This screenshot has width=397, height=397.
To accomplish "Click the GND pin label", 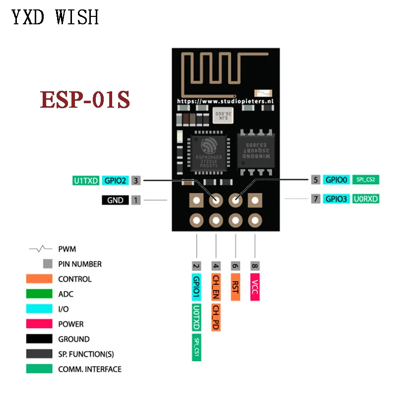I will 115,200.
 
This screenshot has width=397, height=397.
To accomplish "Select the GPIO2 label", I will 115,181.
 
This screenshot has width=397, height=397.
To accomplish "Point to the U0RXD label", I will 366,199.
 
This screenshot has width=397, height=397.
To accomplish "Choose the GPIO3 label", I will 337,199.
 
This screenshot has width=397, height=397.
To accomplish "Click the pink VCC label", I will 255,287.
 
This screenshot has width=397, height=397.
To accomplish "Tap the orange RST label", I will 235,287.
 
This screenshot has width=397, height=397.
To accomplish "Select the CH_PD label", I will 216,318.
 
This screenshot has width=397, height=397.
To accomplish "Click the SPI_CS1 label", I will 197,347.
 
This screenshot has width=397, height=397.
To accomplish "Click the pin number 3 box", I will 136,181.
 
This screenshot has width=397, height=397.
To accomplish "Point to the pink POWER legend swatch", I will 39,324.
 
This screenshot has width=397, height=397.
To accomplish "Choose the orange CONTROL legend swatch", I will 39,279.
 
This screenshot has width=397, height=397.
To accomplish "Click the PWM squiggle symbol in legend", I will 41,248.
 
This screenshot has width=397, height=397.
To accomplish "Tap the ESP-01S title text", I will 85,99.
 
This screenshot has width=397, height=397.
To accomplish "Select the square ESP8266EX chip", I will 207,150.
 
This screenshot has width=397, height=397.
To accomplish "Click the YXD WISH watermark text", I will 55,17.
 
